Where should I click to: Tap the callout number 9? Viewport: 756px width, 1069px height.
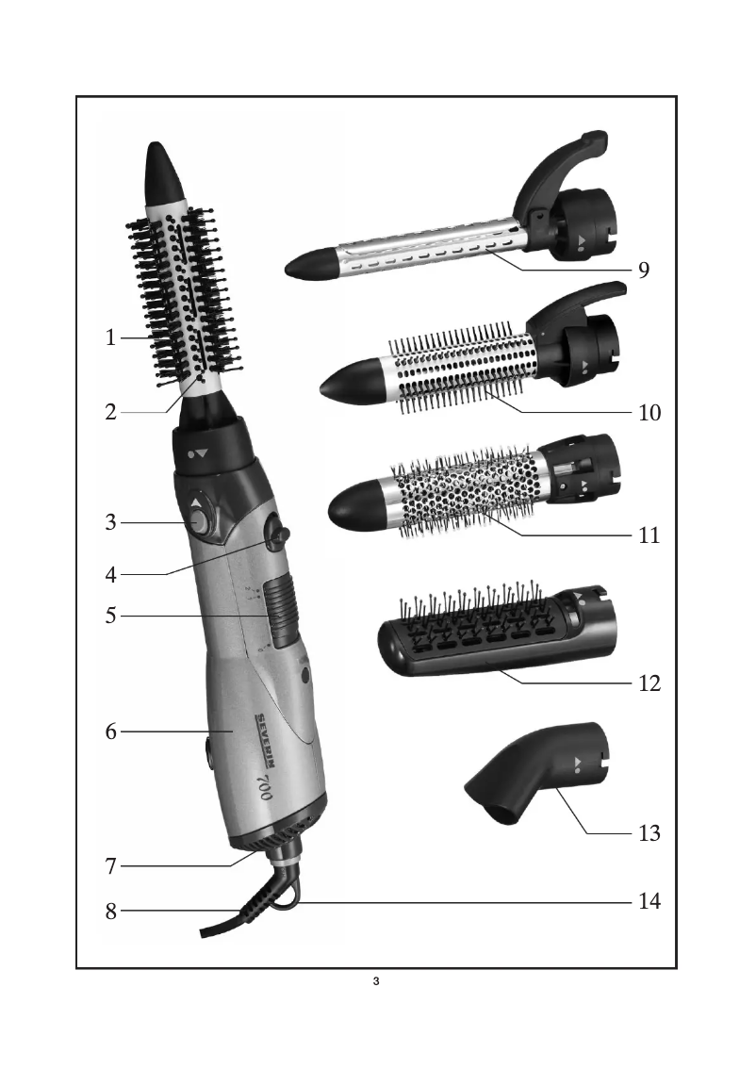(x=643, y=271)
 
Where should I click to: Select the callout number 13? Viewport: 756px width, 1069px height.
(x=648, y=833)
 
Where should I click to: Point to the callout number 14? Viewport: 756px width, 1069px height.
(x=648, y=901)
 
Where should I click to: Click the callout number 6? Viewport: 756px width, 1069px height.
(x=110, y=732)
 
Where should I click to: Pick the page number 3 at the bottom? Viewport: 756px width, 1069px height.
(x=376, y=984)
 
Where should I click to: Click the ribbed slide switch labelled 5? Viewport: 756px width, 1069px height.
(x=281, y=605)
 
